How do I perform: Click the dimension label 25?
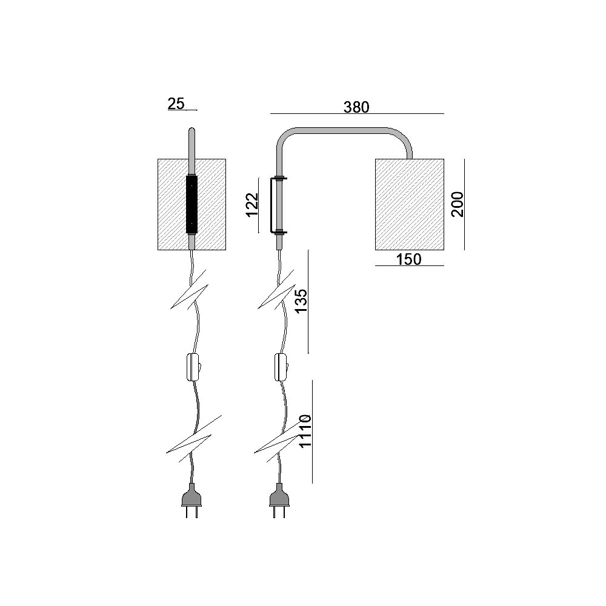[x=176, y=104]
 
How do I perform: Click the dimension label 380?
[x=356, y=107]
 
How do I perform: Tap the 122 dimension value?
[x=252, y=205]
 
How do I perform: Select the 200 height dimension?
[x=458, y=204]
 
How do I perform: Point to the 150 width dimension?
[x=409, y=259]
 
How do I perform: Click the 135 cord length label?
[x=301, y=301]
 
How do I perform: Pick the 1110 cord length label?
[x=305, y=431]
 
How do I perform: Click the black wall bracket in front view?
[x=191, y=204]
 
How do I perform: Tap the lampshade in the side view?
[x=409, y=204]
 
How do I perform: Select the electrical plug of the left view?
[x=191, y=500]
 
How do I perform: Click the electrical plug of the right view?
[x=279, y=500]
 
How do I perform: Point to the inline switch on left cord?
[x=193, y=367]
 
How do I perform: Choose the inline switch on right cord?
[x=281, y=367]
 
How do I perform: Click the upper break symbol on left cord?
[x=189, y=289]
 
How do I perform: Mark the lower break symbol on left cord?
[x=194, y=439]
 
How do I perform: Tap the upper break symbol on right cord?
[x=277, y=289]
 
